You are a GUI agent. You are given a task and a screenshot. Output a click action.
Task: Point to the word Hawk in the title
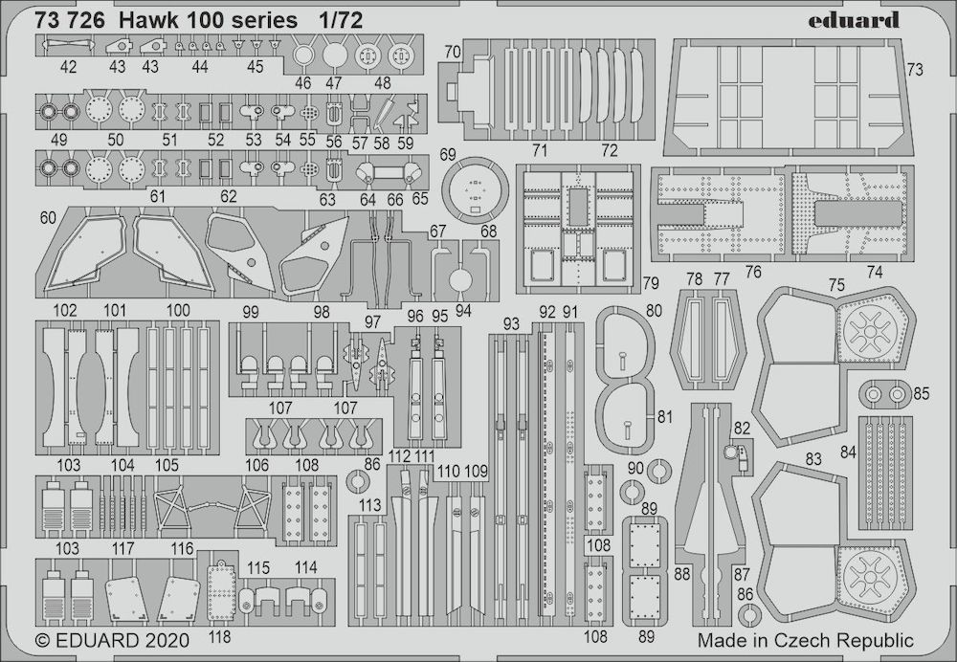click(x=143, y=19)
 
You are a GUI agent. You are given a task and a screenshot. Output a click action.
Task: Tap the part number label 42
click(x=68, y=68)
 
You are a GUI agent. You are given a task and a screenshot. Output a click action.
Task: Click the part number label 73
click(x=914, y=69)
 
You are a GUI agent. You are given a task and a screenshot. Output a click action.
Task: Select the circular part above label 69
click(x=475, y=193)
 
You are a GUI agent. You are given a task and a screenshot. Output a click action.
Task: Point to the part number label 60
click(x=49, y=217)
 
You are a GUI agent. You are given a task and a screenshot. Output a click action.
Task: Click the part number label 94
click(x=463, y=310)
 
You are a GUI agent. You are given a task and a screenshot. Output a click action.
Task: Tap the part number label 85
click(x=921, y=392)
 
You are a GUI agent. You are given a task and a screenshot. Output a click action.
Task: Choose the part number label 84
click(x=847, y=452)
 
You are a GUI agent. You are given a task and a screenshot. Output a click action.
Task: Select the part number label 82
click(x=743, y=427)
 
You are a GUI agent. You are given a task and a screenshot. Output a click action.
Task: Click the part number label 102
click(x=66, y=310)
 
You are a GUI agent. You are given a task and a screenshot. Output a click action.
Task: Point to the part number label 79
click(x=651, y=283)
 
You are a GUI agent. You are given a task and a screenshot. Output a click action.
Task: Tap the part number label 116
click(x=183, y=548)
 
